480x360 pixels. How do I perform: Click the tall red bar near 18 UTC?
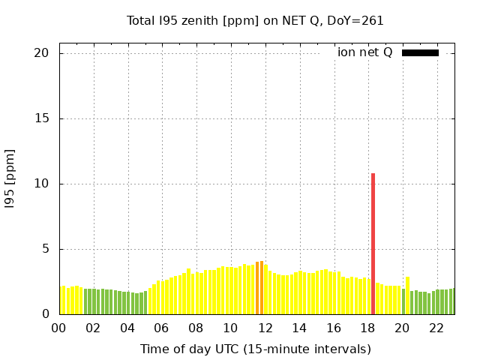click(x=373, y=244)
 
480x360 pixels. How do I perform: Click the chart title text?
click(x=255, y=21)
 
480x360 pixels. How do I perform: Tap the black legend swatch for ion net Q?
click(x=420, y=52)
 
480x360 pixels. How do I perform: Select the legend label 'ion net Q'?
click(x=364, y=52)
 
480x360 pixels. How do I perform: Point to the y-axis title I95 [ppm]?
click(x=10, y=178)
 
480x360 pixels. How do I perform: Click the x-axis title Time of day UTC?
click(x=255, y=349)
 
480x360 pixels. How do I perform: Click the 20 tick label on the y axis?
click(x=41, y=53)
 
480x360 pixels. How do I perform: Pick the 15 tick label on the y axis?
click(x=41, y=118)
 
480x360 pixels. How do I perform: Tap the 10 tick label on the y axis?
click(x=41, y=184)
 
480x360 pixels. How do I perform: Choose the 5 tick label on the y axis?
click(x=45, y=249)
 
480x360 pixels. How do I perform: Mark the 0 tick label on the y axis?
click(x=45, y=314)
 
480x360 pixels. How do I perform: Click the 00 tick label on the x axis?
click(x=58, y=328)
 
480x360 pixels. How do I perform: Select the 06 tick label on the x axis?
click(x=162, y=328)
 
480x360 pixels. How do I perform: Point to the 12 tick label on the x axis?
click(x=265, y=328)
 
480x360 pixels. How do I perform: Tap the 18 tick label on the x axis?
click(x=368, y=328)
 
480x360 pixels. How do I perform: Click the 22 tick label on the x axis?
click(x=436, y=328)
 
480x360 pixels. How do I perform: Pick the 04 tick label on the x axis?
click(x=127, y=328)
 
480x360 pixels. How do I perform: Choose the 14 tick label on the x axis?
click(x=299, y=328)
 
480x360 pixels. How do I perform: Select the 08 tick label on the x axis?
click(x=196, y=328)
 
